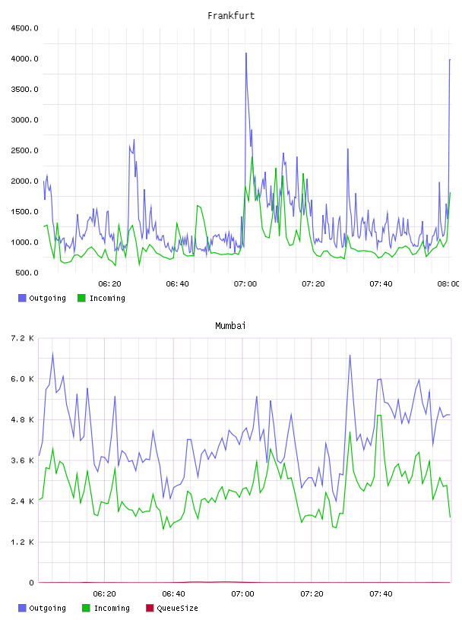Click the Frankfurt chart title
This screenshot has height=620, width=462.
click(x=231, y=16)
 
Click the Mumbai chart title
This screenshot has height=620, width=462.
click(x=230, y=326)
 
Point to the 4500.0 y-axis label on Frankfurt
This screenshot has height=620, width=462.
click(x=24, y=28)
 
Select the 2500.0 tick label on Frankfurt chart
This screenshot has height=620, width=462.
click(x=24, y=150)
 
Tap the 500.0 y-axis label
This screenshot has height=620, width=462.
click(x=27, y=273)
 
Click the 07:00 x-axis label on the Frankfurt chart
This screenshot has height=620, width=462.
click(x=245, y=284)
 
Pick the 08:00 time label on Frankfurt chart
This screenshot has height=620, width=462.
click(x=448, y=284)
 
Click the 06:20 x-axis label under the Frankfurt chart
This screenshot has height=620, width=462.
click(x=109, y=284)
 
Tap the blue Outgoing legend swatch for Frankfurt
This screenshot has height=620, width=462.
click(x=22, y=298)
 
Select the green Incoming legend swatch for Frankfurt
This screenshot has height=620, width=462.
click(x=81, y=298)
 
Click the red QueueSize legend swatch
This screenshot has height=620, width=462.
click(x=150, y=608)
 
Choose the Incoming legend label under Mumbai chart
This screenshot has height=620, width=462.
click(x=112, y=608)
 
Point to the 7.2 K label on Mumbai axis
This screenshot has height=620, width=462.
click(x=23, y=338)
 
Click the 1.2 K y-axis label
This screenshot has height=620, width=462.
click(x=23, y=542)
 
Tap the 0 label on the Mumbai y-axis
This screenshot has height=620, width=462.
click(x=32, y=583)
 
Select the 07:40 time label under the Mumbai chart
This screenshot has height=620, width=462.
click(x=381, y=594)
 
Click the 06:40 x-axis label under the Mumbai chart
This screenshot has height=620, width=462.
click(x=174, y=594)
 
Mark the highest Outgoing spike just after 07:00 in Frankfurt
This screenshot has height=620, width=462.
click(x=246, y=53)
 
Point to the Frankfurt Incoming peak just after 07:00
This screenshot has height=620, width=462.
click(x=252, y=157)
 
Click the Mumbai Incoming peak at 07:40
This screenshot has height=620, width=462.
click(x=379, y=415)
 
